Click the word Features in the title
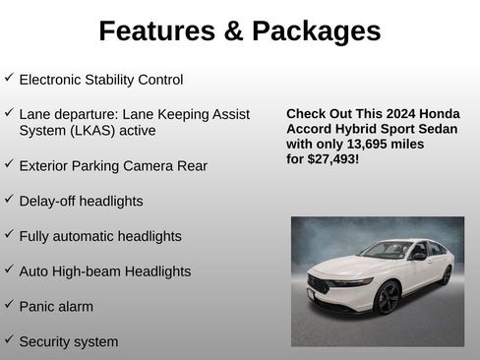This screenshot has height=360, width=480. [156, 31]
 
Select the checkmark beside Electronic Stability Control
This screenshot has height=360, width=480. [9, 77]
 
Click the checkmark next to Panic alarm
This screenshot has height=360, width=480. [9, 305]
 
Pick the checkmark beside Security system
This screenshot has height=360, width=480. [9, 340]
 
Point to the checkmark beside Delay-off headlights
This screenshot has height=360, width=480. [9, 199]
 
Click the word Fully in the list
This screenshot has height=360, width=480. [34, 237]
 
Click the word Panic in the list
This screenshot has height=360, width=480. [36, 307]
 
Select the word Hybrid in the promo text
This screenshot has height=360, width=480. [354, 129]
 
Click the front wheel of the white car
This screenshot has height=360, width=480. [388, 297]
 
